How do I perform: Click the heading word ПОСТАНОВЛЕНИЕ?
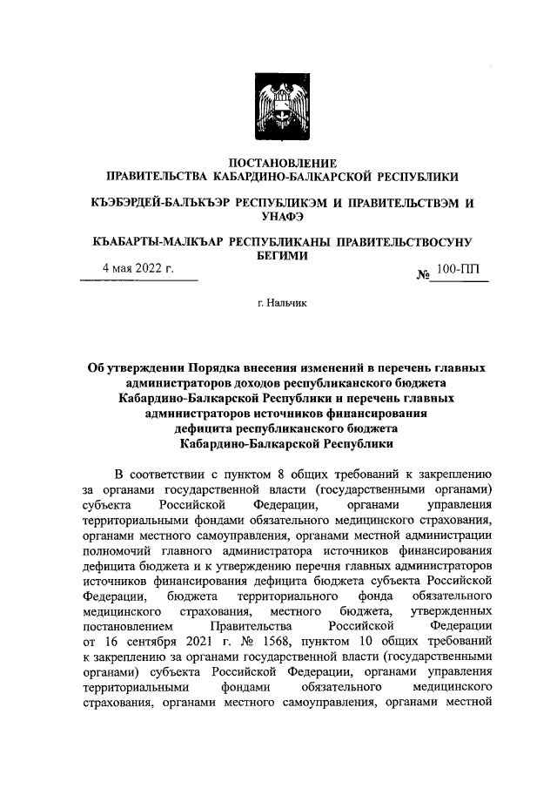click(x=278, y=163)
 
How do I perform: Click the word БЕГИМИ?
click(x=278, y=257)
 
